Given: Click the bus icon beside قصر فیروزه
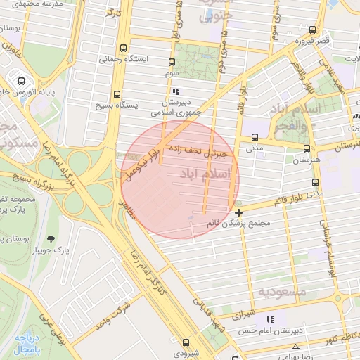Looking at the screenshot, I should click(313, 30).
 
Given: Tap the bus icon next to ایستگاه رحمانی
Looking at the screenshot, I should click(124, 49).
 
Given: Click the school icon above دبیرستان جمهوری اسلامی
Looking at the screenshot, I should click(176, 91).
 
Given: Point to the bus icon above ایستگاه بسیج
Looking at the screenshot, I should click(117, 92).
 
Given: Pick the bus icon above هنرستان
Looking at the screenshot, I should click(307, 148).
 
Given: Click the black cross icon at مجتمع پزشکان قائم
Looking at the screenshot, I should click(239, 212).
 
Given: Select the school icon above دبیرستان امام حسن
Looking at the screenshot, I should click(270, 319).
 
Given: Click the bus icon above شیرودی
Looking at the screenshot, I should click(186, 340).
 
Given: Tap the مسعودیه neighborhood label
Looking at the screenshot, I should click(281, 291).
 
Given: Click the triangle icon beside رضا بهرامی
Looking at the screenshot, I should click(297, 347).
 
